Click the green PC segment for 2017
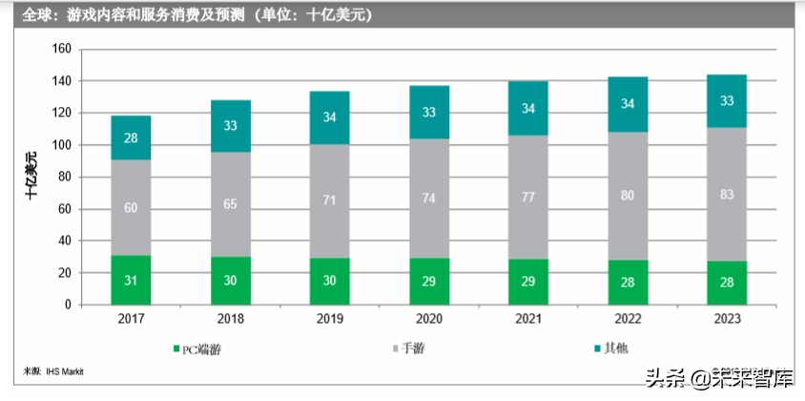[131, 280]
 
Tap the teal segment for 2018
[231, 126]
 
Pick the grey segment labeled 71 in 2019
[330, 200]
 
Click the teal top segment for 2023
[727, 100]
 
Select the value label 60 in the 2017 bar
[131, 209]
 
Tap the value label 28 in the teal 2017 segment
[131, 138]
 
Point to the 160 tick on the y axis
[63, 50]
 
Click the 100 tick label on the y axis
[63, 145]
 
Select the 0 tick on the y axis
[69, 305]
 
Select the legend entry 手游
[412, 349]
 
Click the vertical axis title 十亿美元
[32, 176]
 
